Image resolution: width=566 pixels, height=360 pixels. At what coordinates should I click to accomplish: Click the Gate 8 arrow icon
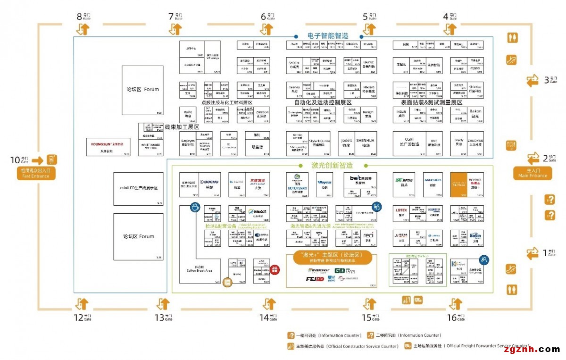coord(83,29)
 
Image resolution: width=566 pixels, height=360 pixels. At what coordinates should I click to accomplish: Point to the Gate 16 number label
coord(451,318)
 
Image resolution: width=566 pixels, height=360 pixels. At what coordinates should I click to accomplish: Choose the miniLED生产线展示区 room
coord(138,188)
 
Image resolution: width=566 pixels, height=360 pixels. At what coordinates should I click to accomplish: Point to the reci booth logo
coord(368,235)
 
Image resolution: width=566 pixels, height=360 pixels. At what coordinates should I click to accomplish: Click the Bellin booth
coord(475,235)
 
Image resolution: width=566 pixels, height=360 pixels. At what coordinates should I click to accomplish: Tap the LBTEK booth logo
coord(402,209)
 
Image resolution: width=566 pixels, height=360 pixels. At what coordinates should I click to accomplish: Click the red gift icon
coord(275,270)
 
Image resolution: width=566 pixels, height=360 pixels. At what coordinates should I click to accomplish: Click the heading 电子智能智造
coord(327,36)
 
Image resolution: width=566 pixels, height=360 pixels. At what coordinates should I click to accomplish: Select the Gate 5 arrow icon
coord(369,29)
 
